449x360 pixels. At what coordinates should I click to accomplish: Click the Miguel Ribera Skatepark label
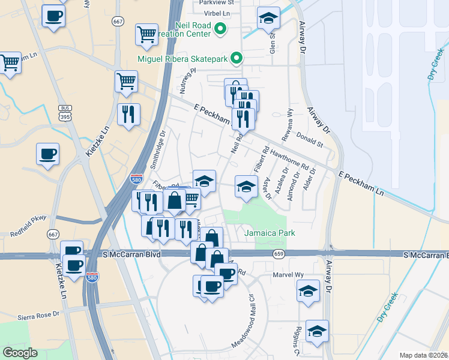[x=183, y=58]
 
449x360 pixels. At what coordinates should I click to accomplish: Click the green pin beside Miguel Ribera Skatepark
[x=237, y=58]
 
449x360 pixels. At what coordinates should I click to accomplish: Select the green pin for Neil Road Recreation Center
[x=220, y=28]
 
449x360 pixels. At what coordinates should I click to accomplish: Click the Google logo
[x=20, y=353]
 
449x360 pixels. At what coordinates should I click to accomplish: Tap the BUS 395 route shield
[x=65, y=112]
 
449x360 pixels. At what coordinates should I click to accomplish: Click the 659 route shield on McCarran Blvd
[x=278, y=254]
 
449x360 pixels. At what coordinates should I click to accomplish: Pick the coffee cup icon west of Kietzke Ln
[x=47, y=155]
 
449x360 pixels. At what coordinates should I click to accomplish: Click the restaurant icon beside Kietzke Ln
[x=128, y=115]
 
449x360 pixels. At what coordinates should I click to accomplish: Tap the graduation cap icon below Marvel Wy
[x=308, y=291]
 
